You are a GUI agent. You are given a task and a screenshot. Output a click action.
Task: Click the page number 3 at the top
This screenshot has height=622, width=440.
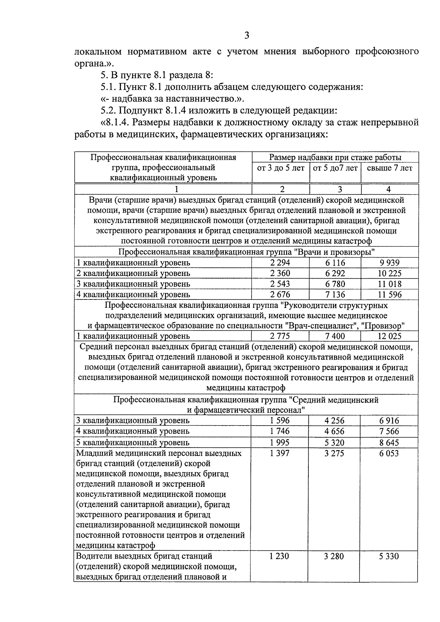coord(246,36)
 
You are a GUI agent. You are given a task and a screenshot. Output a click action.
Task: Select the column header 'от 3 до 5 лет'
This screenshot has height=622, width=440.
coord(280,168)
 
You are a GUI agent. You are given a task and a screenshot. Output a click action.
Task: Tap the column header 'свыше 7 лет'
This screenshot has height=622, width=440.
coord(389,168)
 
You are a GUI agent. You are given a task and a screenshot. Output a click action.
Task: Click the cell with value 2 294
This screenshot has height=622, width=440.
coord(280,263)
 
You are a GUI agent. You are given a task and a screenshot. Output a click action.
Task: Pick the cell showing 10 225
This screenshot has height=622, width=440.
coord(389,273)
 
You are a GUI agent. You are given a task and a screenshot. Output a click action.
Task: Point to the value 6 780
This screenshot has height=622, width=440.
coord(335,284)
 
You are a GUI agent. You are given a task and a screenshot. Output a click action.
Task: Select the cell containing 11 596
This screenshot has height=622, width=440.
coord(389,295)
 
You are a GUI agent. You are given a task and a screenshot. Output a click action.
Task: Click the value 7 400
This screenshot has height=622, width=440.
coord(335,336)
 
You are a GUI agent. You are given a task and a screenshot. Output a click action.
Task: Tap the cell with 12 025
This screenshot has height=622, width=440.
coord(389,336)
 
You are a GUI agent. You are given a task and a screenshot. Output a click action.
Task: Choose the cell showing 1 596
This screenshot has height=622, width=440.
coord(279,421)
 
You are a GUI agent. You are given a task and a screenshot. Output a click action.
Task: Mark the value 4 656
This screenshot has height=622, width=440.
coord(334,431)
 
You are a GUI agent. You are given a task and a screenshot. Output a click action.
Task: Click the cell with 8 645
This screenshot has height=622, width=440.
coord(389,442)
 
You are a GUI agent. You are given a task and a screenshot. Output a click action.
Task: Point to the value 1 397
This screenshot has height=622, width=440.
coord(279,453)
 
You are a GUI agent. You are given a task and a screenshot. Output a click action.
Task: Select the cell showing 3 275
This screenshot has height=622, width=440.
coord(334,453)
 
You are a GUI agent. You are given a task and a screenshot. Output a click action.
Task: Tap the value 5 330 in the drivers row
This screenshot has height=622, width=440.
coord(389,556)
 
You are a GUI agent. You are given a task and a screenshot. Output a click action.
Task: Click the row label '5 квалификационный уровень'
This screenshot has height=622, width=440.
coord(133,442)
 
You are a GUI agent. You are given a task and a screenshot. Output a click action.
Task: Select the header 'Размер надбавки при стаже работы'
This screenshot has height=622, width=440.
coord(335,158)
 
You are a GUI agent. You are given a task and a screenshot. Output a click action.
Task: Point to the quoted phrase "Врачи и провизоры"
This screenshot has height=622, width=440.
coord(336,252)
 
